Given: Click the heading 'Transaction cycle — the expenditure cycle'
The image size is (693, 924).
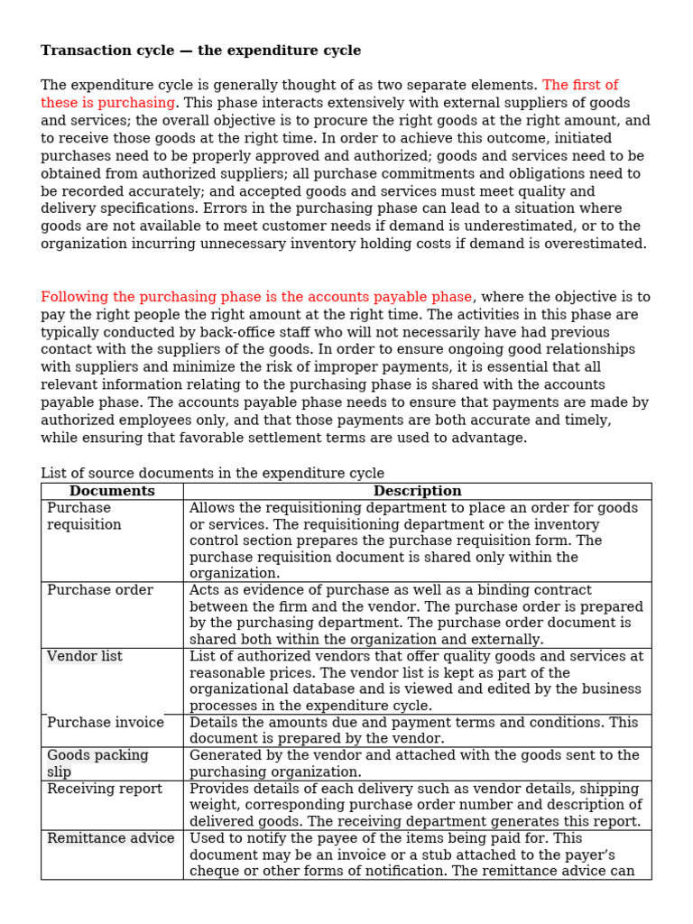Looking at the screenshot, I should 200,51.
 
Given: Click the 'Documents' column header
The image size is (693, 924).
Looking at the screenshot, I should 112,491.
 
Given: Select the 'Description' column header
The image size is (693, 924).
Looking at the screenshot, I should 417,491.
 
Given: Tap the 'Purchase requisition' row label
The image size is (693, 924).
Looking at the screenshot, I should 84,516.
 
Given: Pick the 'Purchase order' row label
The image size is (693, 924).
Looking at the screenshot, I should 100,590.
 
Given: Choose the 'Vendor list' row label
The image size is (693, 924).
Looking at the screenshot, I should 85,656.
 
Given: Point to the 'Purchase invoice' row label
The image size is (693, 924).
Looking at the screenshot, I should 106,722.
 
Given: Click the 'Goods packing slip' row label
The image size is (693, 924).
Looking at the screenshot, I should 97,763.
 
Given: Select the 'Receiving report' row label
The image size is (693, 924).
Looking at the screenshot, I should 105,789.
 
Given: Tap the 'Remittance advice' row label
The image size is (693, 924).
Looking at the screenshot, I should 111,838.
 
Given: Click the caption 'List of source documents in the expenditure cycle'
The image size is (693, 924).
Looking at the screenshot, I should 212,473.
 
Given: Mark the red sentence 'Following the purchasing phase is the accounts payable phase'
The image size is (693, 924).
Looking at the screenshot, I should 256,297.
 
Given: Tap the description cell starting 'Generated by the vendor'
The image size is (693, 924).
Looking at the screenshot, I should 414,763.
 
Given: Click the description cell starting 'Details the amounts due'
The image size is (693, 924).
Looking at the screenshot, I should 413,730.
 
